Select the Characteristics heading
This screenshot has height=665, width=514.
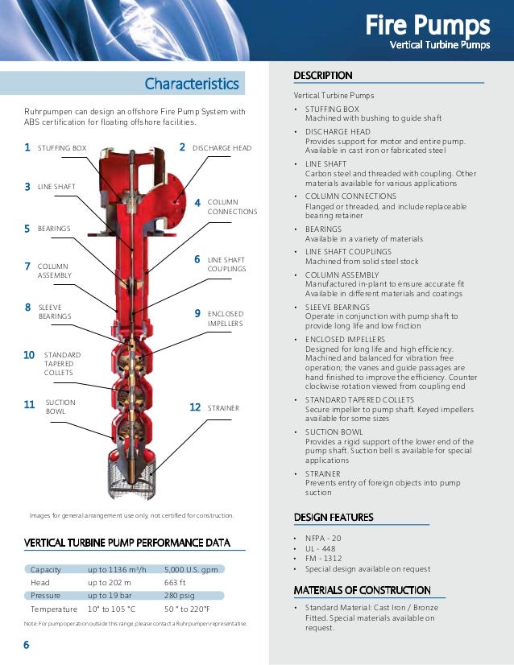pos(192,84)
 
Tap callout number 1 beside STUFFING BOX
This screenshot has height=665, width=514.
pos(27,148)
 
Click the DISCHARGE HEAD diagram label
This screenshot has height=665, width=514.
pos(222,148)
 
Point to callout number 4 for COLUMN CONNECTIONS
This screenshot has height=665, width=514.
pos(197,203)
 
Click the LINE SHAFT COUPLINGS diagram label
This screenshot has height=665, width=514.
pos(226,264)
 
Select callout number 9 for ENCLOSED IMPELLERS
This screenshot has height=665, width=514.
pos(197,313)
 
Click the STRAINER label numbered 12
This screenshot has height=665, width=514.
pos(223,408)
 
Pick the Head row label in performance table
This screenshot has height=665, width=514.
pos(40,582)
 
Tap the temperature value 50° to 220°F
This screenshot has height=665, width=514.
pos(193,609)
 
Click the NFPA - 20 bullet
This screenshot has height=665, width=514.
pos(324,537)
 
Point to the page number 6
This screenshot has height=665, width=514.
pos(27,645)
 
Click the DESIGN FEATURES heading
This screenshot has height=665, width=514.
pos(334,517)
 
